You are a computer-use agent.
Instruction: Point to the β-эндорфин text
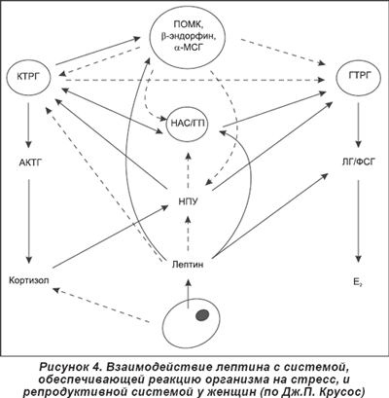(188, 36)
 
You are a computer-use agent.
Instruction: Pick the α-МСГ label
(188, 48)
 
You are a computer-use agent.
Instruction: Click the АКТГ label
(30, 163)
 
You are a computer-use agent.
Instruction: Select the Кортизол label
(29, 280)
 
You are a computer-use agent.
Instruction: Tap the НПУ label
(188, 201)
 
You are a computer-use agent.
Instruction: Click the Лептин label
(188, 265)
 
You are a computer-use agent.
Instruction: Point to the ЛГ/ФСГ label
(357, 163)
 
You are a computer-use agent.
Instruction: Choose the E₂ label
(358, 281)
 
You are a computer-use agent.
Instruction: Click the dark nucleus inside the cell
(202, 315)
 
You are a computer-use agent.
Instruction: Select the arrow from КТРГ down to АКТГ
(28, 126)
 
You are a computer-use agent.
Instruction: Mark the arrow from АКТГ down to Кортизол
(29, 222)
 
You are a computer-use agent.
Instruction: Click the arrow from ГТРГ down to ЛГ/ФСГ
(358, 126)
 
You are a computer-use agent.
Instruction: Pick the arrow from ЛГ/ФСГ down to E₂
(358, 222)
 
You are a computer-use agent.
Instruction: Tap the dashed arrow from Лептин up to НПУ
(189, 233)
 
